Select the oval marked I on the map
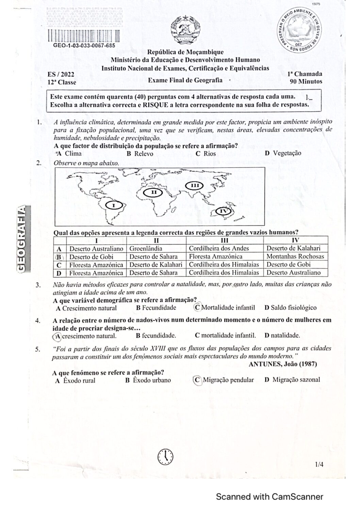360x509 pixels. [x=114, y=205]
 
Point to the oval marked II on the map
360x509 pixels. [x=153, y=192]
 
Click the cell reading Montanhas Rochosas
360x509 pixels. [x=295, y=256]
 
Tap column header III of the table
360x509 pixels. [x=225, y=240]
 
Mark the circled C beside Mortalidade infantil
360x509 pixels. [x=197, y=307]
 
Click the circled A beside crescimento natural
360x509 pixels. [x=58, y=336]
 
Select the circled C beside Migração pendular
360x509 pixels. [x=197, y=380]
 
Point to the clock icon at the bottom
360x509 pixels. [x=165, y=456]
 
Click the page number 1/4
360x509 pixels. [x=319, y=464]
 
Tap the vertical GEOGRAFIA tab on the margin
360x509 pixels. [x=21, y=238]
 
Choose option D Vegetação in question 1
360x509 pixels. [x=283, y=153]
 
